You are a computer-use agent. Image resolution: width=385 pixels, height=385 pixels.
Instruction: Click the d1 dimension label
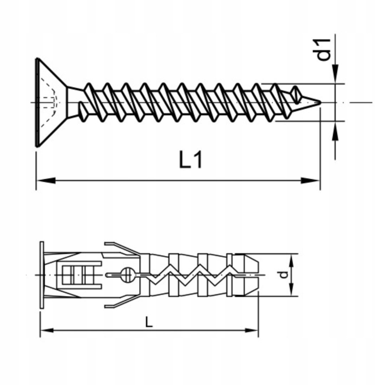324,49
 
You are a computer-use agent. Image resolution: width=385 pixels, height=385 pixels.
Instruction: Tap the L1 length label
190,160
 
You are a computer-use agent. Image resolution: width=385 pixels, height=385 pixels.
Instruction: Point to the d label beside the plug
283,274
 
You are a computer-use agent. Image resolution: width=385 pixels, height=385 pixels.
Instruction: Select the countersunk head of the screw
50,102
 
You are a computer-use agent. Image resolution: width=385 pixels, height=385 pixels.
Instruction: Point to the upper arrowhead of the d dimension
292,260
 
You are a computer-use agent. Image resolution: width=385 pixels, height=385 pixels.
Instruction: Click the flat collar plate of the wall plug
42,275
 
